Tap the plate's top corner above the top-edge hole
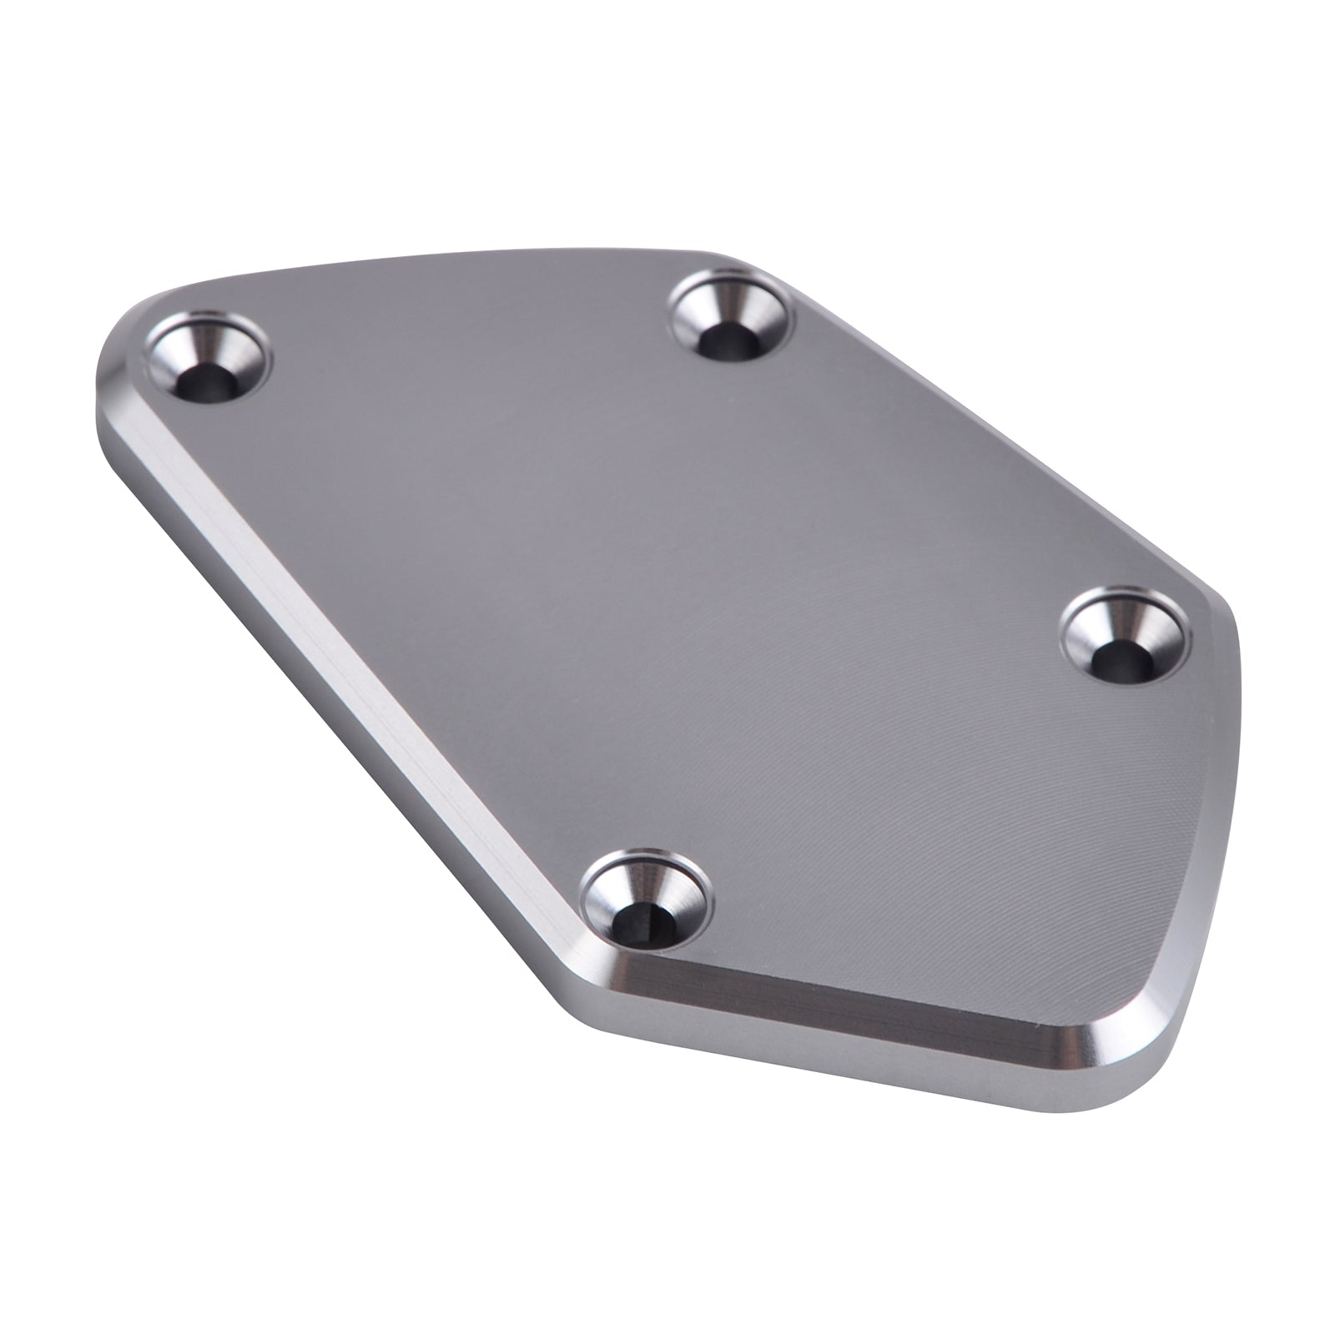pyautogui.click(x=734, y=254)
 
